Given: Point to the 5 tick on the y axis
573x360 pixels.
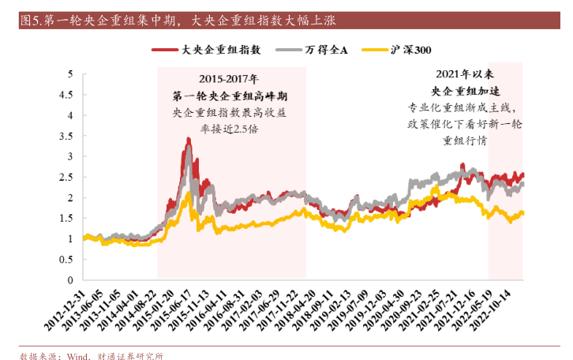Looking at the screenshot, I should click(70, 74).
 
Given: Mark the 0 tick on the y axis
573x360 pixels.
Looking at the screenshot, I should click(70, 280).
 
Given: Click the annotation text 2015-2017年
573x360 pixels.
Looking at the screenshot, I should click(229, 79).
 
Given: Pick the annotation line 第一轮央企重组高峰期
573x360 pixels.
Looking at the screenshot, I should click(229, 96).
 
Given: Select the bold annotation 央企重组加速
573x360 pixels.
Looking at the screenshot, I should click(464, 90).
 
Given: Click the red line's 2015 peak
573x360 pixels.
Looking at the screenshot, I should click(188, 140).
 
